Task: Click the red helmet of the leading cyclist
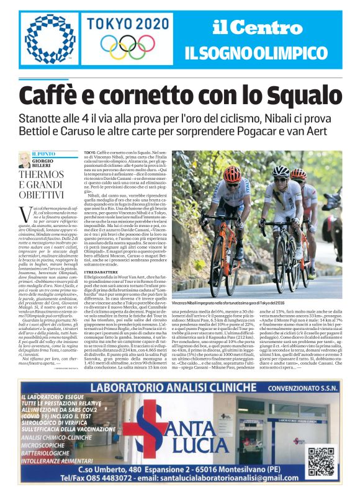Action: [233, 174]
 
